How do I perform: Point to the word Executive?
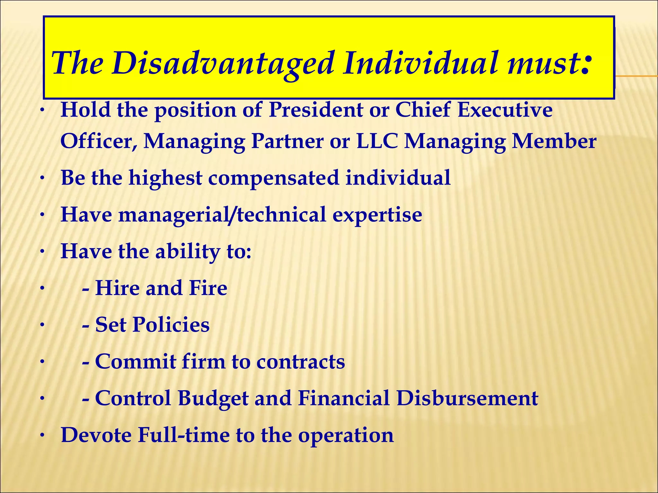click(x=505, y=110)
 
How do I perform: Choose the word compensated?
click(x=273, y=178)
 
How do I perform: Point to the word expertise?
click(x=377, y=215)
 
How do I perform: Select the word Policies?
click(x=171, y=324)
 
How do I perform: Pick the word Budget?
click(x=213, y=398)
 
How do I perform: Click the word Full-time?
click(x=184, y=435)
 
